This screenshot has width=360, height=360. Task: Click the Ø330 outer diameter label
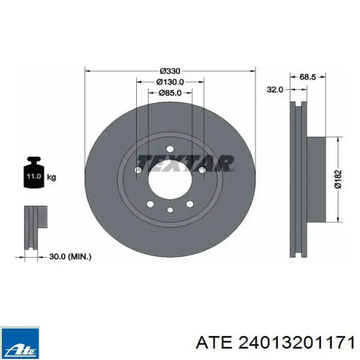170,71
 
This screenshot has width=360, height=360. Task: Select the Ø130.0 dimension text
170,82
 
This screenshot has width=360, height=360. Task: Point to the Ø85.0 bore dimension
170,93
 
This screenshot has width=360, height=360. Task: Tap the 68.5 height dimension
308,77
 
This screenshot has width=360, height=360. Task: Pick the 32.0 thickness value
275,89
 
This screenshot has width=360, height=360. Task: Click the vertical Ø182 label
338,179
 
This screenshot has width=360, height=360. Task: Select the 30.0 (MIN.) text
70,257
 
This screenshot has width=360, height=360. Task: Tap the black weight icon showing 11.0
34,172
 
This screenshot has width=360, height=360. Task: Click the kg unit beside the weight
51,177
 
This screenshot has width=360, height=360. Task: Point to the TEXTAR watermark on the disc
186,163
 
